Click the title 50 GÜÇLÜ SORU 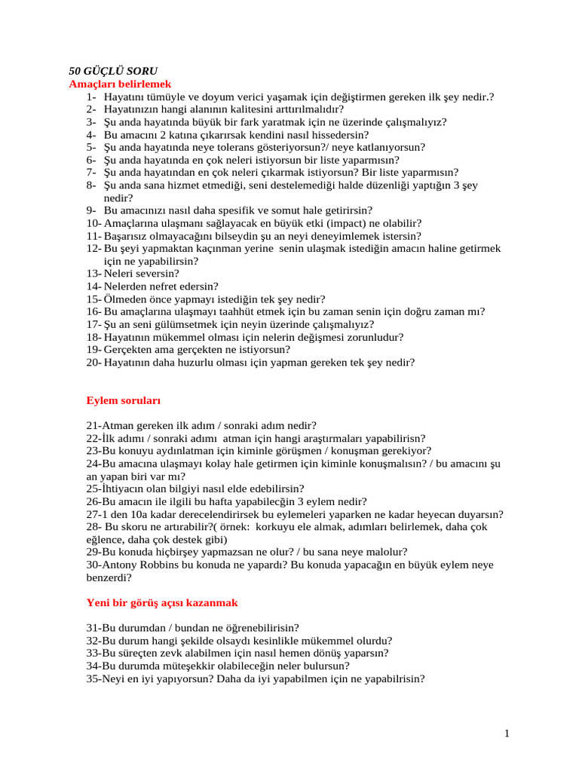point(113,71)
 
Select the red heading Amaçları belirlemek point(120,84)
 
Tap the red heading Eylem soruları point(123,400)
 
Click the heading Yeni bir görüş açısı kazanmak point(162,602)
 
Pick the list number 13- point(93,274)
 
